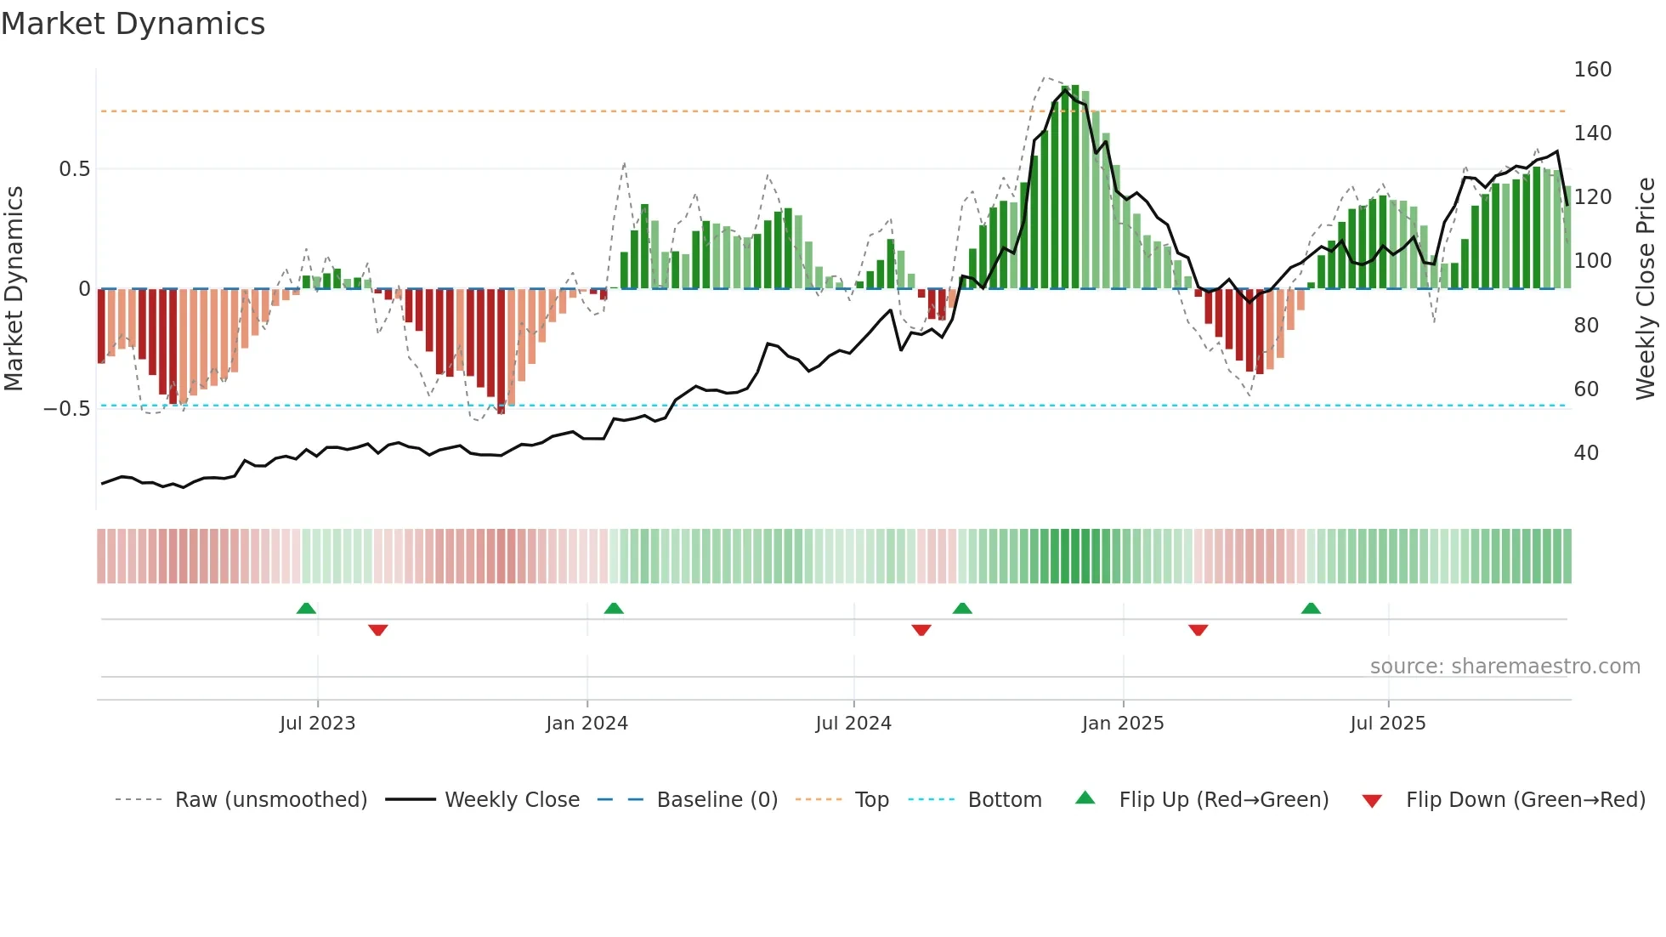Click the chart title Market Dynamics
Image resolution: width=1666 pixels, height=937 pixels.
tap(133, 24)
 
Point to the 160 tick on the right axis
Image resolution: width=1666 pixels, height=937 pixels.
tap(1592, 70)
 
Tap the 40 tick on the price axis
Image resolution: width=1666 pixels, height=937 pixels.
tap(1586, 453)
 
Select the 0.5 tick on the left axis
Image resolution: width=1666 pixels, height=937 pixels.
tap(75, 169)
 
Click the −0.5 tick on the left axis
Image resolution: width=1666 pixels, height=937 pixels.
tap(67, 409)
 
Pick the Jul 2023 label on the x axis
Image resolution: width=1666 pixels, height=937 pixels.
tap(317, 724)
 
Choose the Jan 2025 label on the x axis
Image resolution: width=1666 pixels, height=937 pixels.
tap(1122, 724)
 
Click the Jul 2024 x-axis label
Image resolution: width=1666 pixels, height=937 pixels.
tap(853, 724)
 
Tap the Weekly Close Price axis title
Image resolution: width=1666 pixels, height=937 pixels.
tap(1646, 289)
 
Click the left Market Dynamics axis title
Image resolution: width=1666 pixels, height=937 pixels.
tap(14, 289)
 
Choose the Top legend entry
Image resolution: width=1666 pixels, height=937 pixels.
tap(871, 800)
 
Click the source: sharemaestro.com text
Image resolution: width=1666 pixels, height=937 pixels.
tap(1504, 667)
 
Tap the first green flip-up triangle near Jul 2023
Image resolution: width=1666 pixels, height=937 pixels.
tap(306, 608)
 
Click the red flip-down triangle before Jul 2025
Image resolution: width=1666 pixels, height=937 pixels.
tap(1198, 630)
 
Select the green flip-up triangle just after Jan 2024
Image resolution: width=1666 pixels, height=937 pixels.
tap(614, 608)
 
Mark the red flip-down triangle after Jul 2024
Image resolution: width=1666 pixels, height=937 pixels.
tap(921, 630)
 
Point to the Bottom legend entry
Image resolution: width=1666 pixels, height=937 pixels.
tap(1004, 800)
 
